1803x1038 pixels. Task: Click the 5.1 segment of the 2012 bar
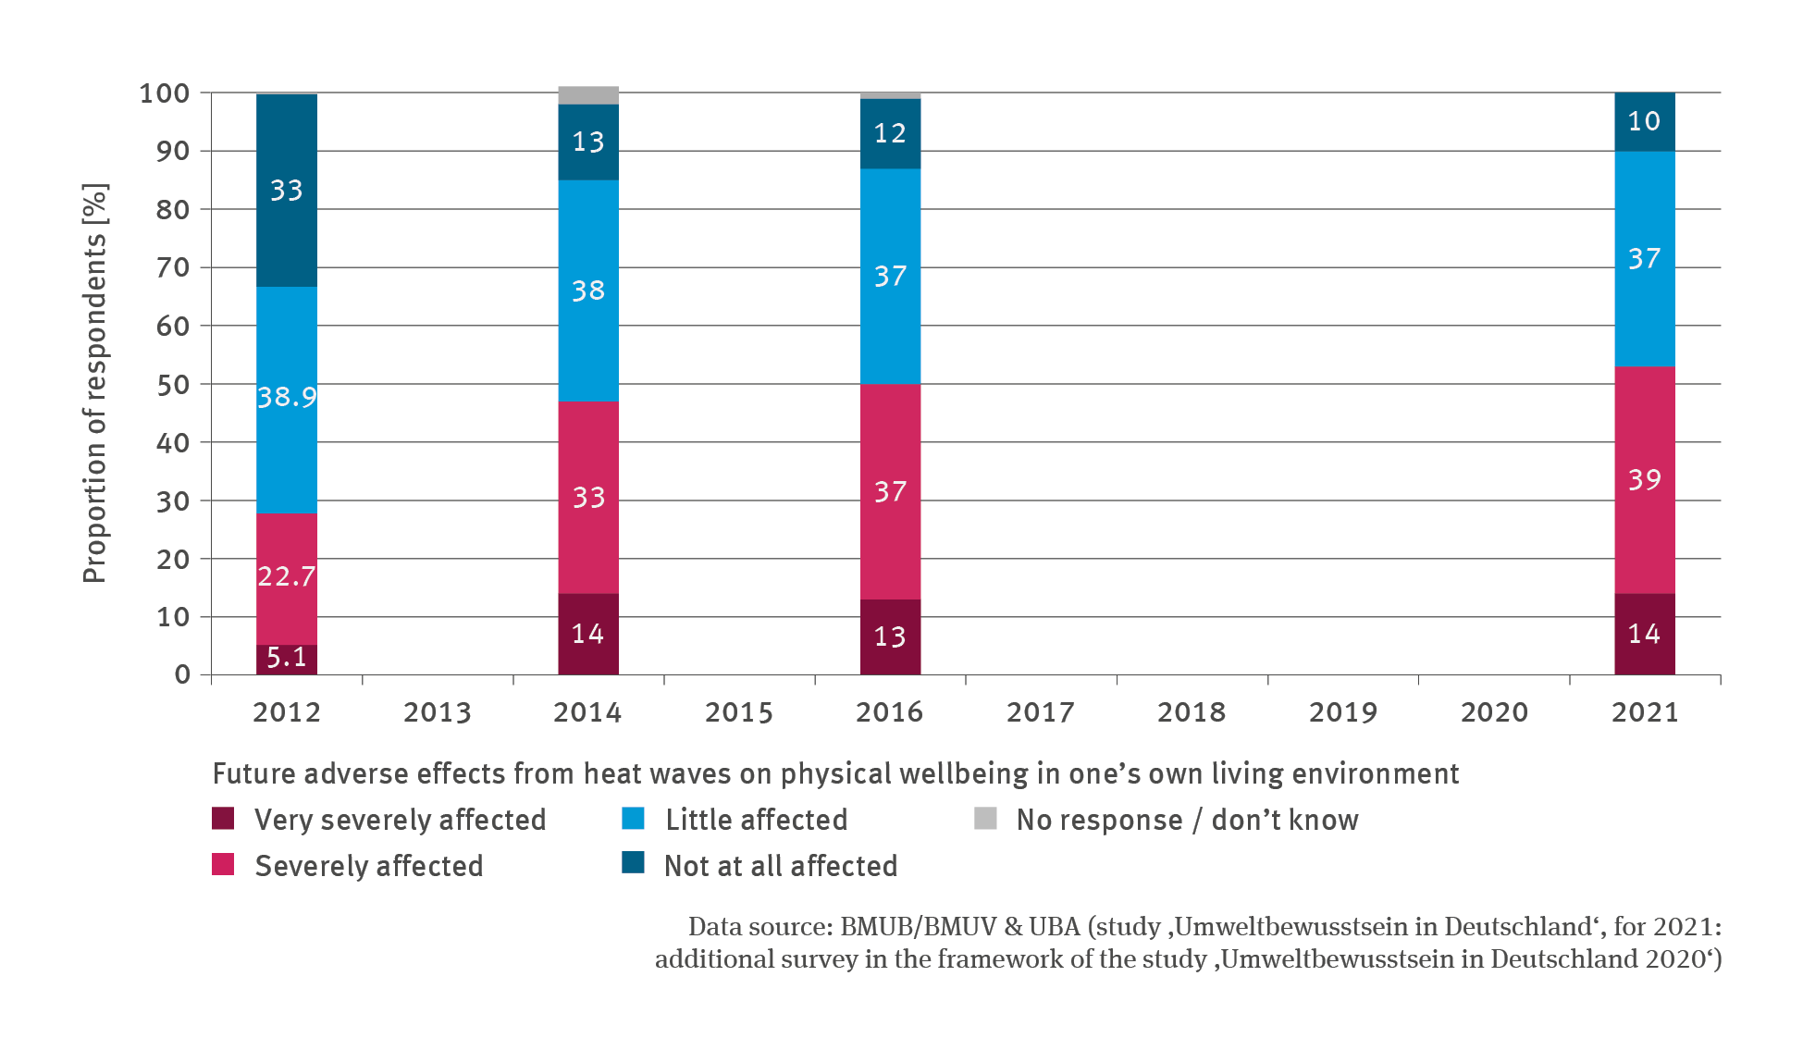point(287,659)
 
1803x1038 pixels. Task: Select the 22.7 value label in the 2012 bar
point(287,576)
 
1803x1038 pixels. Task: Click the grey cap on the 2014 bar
point(588,95)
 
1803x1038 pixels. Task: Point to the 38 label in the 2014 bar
point(588,290)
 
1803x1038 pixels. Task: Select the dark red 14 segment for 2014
point(588,634)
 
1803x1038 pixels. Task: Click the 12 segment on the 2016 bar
point(890,133)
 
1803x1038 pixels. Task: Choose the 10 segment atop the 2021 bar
point(1644,121)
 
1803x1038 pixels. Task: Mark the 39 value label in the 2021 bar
point(1644,479)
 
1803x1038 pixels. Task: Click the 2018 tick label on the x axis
point(1192,712)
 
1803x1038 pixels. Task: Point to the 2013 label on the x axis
point(438,712)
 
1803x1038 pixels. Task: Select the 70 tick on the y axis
point(173,267)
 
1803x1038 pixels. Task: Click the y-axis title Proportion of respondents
point(95,383)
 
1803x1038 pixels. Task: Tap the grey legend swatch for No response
point(985,819)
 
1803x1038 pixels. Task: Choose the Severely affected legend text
point(368,866)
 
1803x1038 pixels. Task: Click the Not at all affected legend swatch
point(633,862)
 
